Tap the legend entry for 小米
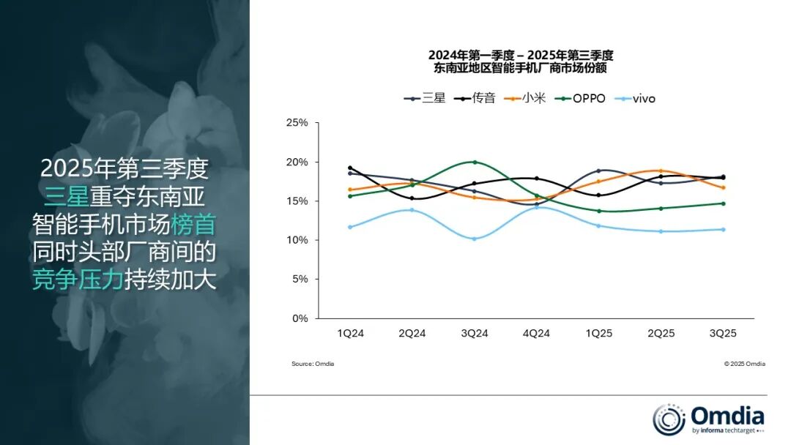click(524, 98)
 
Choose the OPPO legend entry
click(581, 98)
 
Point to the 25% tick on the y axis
click(297, 123)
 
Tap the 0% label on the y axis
click(300, 318)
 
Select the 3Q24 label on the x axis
click(474, 333)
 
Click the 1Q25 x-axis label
click(598, 333)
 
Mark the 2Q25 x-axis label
click(661, 333)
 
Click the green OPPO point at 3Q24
click(475, 162)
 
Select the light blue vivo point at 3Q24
click(475, 239)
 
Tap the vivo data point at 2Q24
click(412, 210)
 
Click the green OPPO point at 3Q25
click(723, 203)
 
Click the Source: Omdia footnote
click(312, 364)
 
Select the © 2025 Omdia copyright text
click(744, 364)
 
